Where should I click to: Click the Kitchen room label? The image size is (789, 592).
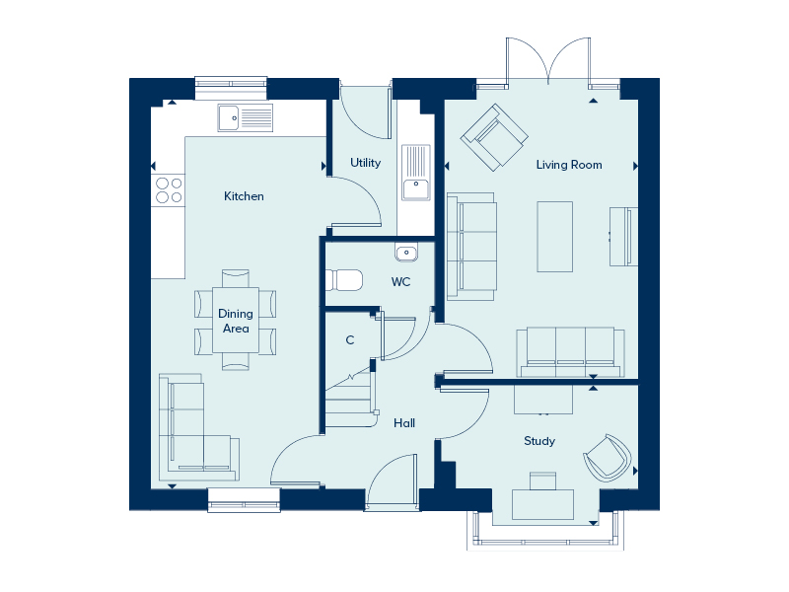coord(244,196)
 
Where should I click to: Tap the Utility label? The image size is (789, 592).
coord(365,163)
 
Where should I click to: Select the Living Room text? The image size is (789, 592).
coord(569,165)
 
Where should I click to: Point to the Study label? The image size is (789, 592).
coord(539,441)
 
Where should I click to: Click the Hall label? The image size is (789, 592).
coord(404,423)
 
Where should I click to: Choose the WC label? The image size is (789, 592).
coord(400,282)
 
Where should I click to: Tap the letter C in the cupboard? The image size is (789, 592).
coord(350,340)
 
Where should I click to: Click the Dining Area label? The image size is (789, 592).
coord(236,322)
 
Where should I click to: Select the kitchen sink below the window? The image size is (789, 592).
coord(245,117)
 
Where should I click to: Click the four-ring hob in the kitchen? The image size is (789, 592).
coord(169,189)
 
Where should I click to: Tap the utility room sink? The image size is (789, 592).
coord(416,173)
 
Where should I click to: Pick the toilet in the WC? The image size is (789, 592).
coord(344,280)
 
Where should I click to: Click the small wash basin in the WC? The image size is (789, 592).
coord(406,254)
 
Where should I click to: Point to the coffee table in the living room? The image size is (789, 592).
coord(554,237)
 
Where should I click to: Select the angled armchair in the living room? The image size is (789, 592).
coord(494,137)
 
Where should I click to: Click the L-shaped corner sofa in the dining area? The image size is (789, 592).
coord(198,428)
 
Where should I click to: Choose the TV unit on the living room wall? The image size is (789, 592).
coord(623,236)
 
